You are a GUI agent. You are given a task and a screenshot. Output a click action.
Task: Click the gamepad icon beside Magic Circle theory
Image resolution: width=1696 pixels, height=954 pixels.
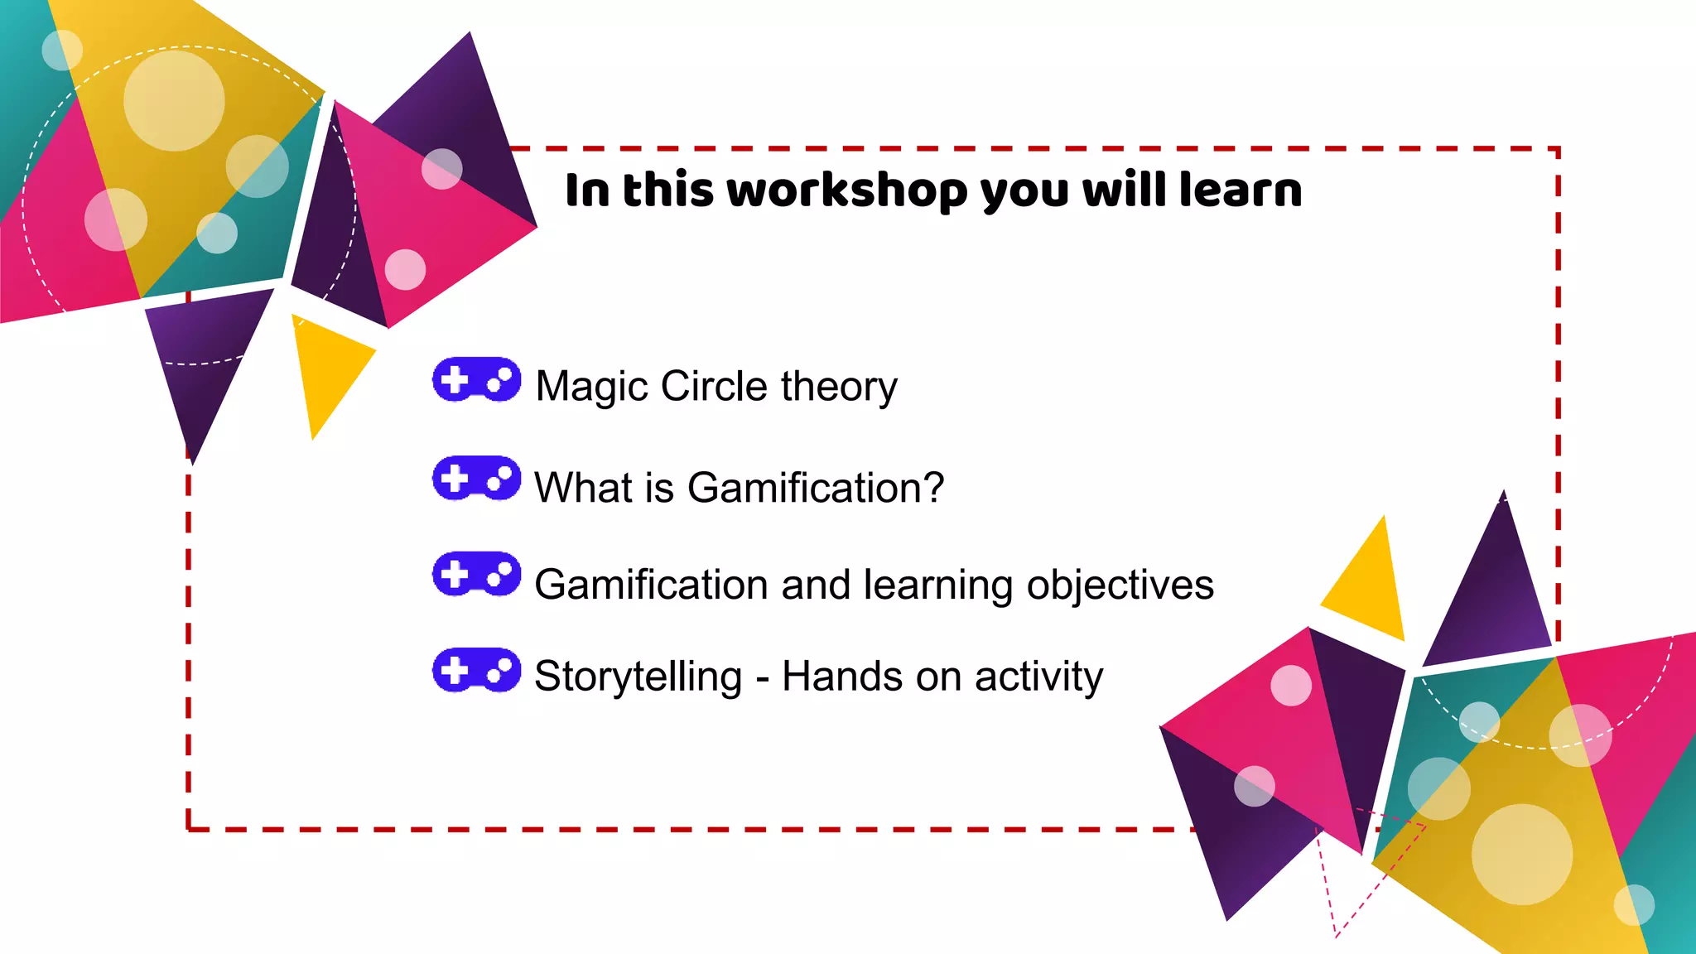476,380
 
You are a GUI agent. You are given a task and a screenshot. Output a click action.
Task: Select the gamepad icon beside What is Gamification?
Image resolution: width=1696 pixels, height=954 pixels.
476,479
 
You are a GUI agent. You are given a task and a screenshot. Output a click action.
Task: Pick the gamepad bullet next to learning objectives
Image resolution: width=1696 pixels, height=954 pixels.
476,574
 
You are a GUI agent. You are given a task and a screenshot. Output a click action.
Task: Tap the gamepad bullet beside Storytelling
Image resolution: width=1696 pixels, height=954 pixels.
476,670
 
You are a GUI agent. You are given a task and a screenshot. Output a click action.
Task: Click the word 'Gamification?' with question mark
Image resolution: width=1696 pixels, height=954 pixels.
816,488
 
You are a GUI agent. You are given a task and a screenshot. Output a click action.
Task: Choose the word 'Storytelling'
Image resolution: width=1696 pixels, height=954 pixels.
638,677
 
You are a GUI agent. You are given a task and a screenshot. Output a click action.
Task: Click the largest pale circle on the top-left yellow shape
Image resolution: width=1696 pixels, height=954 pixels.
174,100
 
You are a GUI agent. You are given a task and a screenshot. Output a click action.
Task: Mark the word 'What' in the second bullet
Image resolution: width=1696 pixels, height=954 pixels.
584,488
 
